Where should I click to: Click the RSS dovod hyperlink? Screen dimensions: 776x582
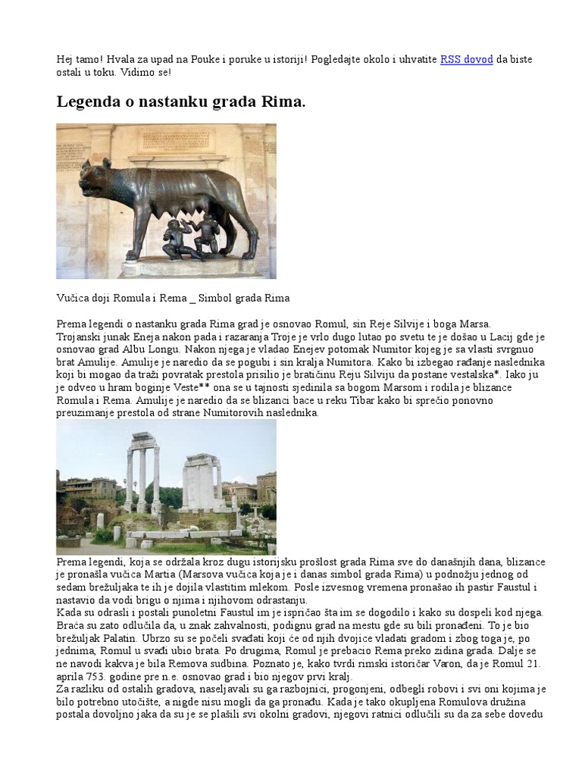point(466,59)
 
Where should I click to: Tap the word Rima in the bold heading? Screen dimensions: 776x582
point(286,102)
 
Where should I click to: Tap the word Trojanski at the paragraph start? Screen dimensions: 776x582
point(80,336)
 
